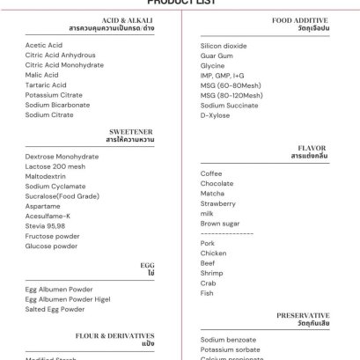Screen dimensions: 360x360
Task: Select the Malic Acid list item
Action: [42, 75]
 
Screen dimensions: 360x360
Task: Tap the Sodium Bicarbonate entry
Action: [57, 104]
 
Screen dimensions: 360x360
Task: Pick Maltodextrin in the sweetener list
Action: [46, 176]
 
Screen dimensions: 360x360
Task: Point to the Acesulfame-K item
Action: [48, 216]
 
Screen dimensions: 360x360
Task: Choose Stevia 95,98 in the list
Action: [46, 225]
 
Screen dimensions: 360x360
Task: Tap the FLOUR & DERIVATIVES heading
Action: [115, 335]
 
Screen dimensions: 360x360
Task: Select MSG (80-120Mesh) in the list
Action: [231, 95]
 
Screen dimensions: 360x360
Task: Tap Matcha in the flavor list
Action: [212, 194]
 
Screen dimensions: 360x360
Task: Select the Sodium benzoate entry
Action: [228, 339]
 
